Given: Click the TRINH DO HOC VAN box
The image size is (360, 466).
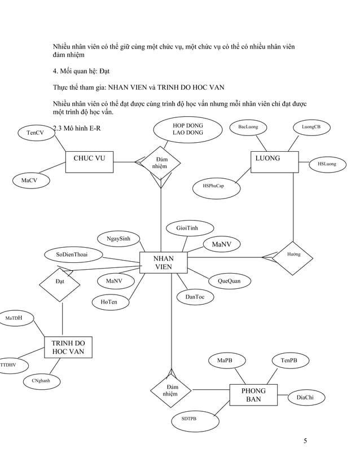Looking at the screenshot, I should point(68,348).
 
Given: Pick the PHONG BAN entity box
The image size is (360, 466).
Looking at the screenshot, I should point(253,394).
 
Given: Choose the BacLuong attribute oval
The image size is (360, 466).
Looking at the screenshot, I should point(248,128).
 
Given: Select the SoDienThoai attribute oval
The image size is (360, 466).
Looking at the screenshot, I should point(71,255).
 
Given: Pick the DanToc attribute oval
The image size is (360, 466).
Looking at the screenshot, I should point(195,297).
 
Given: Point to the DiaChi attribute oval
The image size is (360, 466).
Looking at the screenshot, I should point(305,398).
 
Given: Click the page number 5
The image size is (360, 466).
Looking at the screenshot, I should point(305,441).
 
